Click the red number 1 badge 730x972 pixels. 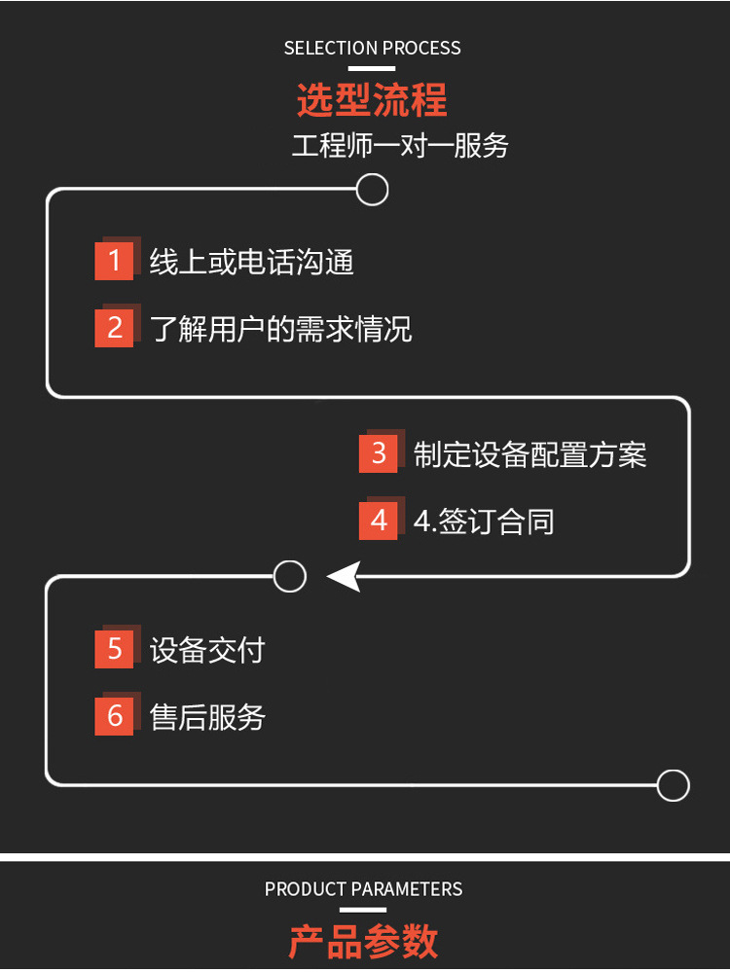tap(114, 261)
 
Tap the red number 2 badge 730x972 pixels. tap(114, 328)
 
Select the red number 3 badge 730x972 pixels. tap(379, 453)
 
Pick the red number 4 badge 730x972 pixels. tap(379, 521)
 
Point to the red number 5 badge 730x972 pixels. tap(114, 649)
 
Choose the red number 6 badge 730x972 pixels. tap(114, 716)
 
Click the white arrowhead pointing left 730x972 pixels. tap(344, 577)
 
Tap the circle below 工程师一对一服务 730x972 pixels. tap(372, 189)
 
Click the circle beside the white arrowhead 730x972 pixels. tap(290, 577)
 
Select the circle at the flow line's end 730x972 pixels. tap(673, 785)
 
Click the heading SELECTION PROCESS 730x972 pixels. tap(372, 48)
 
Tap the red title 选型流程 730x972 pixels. tap(372, 99)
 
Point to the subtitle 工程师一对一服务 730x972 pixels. tap(400, 146)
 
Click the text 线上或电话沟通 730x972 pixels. tap(251, 262)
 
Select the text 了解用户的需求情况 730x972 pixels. tap(280, 329)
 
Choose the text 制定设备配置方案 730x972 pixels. tap(529, 454)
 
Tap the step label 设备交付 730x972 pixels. tap(207, 650)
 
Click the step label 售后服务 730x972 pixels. tap(207, 717)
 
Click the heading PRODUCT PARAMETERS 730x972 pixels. tap(363, 889)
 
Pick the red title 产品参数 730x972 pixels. tap(363, 941)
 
